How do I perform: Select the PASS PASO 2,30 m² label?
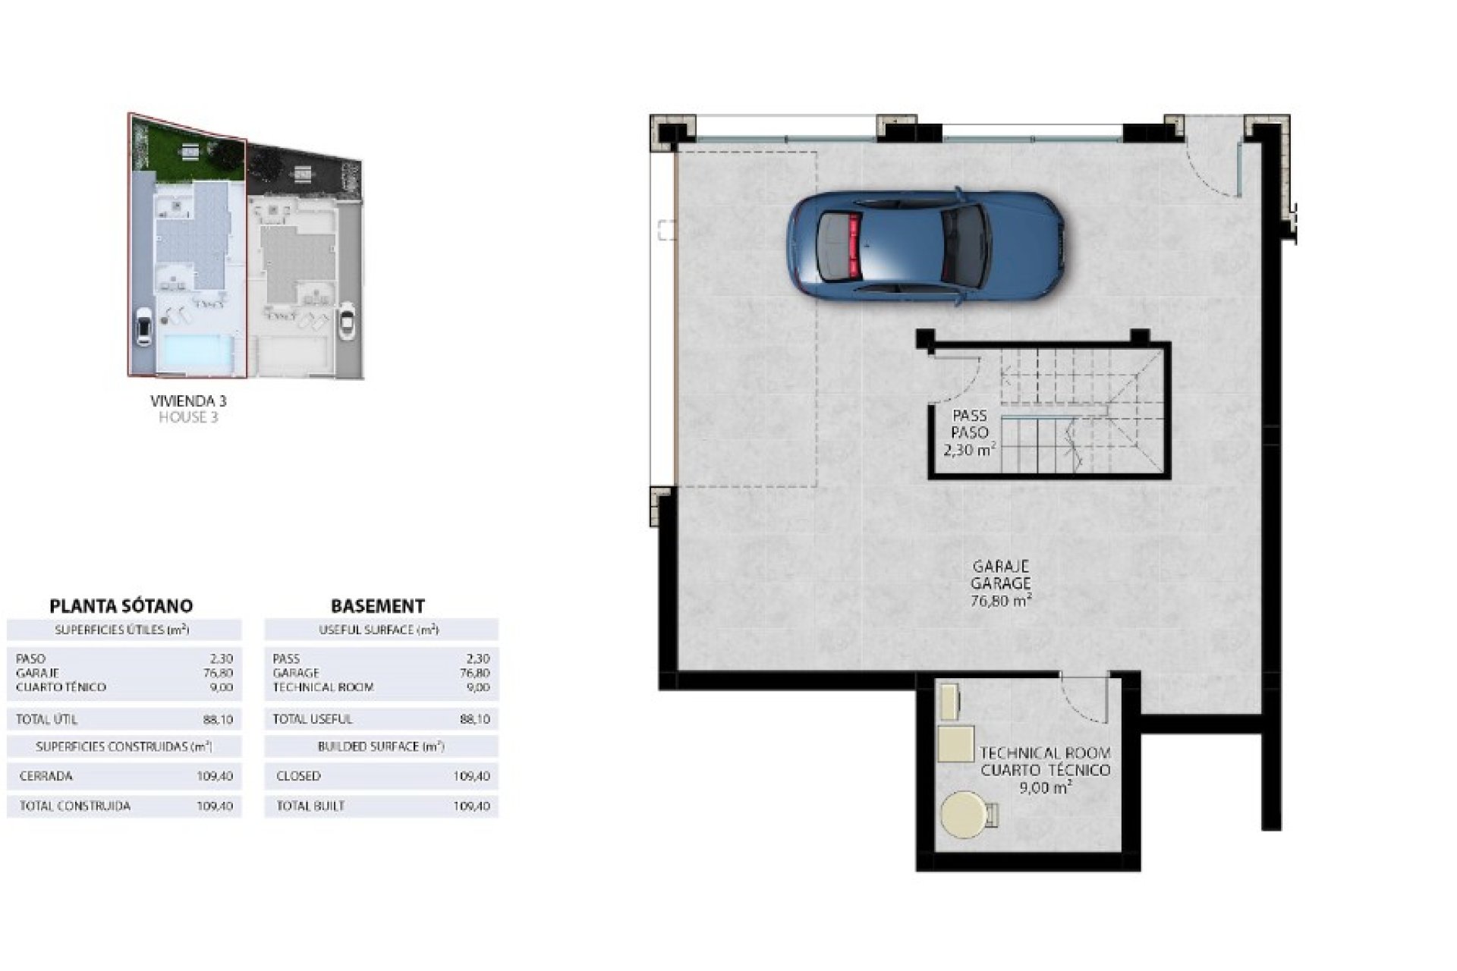[x=970, y=432]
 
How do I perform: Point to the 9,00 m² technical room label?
[x=1045, y=787]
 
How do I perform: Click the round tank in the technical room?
[x=965, y=815]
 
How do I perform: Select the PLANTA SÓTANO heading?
[x=121, y=606]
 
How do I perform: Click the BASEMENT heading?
[x=377, y=606]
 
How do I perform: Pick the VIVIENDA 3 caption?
[x=188, y=401]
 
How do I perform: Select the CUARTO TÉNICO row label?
[x=61, y=687]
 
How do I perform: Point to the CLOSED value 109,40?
[x=471, y=777]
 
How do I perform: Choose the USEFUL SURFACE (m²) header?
[x=379, y=630]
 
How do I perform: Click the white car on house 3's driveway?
[x=143, y=328]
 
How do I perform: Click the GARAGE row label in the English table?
[x=296, y=673]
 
